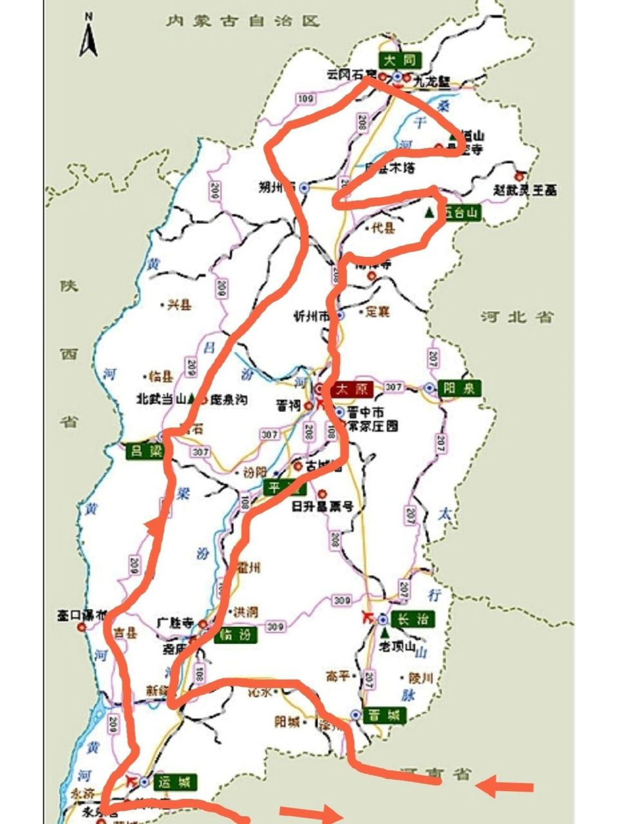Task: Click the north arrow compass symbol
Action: tap(88, 37)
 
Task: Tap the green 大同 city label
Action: tap(400, 61)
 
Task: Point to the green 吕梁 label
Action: tap(144, 451)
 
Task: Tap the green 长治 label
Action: tap(413, 620)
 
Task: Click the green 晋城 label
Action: tap(385, 715)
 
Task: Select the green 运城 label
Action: tap(174, 783)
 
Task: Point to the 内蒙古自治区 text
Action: tap(242, 21)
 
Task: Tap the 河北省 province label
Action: tap(517, 317)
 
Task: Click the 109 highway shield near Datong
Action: tap(305, 98)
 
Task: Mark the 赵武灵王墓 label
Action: tap(525, 191)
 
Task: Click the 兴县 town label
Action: tap(179, 306)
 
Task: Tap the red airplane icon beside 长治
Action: tap(368, 617)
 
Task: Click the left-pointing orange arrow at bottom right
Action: tap(506, 787)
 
